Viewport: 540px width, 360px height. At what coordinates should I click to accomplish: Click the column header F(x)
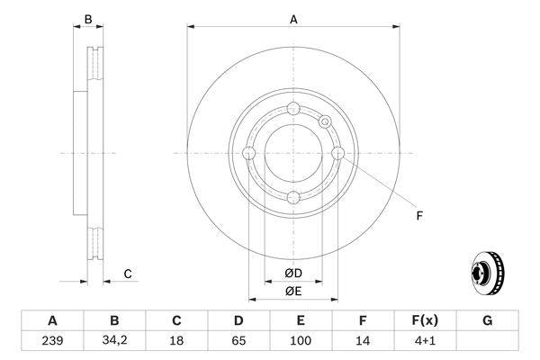[425, 320]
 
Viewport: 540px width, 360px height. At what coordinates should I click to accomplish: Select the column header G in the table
[487, 320]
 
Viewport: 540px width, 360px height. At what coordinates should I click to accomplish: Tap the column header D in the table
[238, 320]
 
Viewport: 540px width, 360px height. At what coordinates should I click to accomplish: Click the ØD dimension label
[293, 274]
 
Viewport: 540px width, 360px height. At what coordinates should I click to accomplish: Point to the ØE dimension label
[293, 291]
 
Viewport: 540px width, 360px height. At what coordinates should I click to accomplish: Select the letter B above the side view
[87, 20]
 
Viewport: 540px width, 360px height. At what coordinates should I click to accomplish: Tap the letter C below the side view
[128, 274]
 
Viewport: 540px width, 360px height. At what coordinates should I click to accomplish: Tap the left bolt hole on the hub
[249, 154]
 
